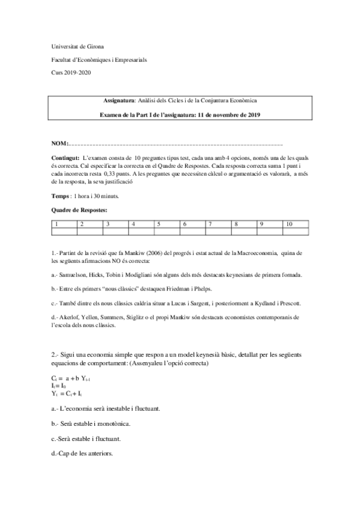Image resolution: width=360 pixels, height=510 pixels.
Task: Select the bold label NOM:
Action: coord(60,144)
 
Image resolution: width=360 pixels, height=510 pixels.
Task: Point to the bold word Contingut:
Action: coord(66,157)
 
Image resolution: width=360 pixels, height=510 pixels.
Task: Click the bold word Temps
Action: coord(61,196)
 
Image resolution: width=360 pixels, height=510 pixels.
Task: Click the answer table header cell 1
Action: coord(56,224)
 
